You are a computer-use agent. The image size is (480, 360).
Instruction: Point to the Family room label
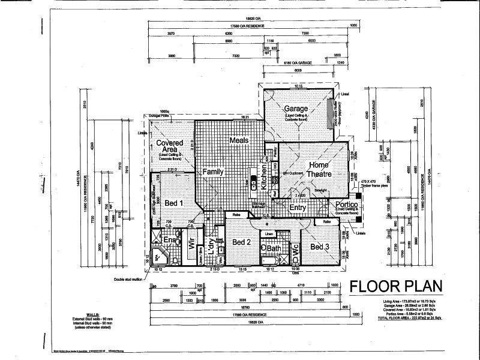tap(212, 172)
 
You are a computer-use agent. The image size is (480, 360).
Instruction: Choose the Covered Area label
tap(169, 147)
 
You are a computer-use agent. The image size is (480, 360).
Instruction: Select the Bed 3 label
tap(319, 247)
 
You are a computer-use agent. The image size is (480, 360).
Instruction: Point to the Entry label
tap(298, 208)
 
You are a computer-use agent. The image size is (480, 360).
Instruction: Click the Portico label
tap(347, 205)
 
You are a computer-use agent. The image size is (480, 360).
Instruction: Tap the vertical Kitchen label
tap(263, 167)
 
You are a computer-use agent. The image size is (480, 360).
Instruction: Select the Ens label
tap(170, 241)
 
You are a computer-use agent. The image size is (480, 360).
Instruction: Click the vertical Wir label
tap(193, 244)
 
